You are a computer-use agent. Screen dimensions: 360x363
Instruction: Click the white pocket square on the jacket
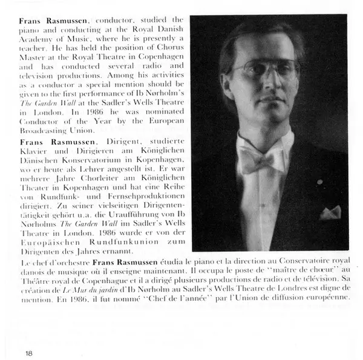coord(330,212)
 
